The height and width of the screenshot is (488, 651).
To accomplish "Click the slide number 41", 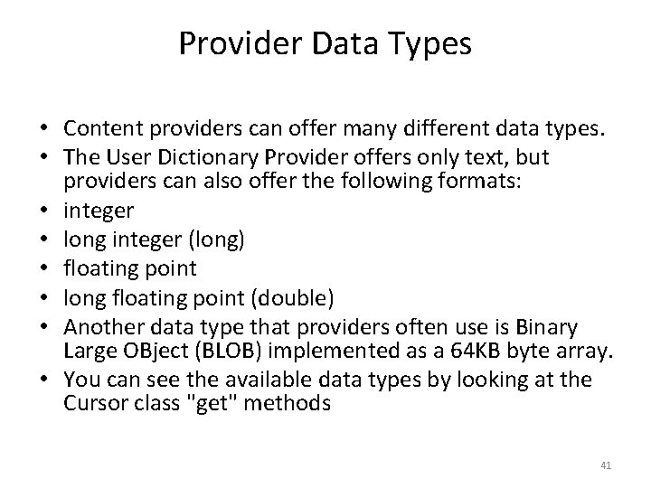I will [607, 465].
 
